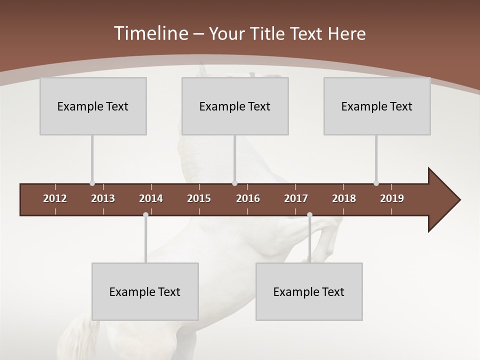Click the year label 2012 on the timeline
55,198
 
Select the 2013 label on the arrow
103,198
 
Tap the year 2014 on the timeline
151,198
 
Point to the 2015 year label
199,198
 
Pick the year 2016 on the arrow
248,198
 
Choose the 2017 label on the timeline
296,198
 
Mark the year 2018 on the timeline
344,198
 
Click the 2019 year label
392,198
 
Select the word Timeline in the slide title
150,33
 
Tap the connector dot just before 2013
92,183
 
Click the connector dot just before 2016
235,183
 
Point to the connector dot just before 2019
376,183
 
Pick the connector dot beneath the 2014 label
145,215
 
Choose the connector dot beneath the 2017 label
309,215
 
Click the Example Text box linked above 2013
93,106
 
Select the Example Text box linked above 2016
235,106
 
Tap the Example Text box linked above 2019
377,106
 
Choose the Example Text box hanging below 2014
145,291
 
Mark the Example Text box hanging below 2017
309,291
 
